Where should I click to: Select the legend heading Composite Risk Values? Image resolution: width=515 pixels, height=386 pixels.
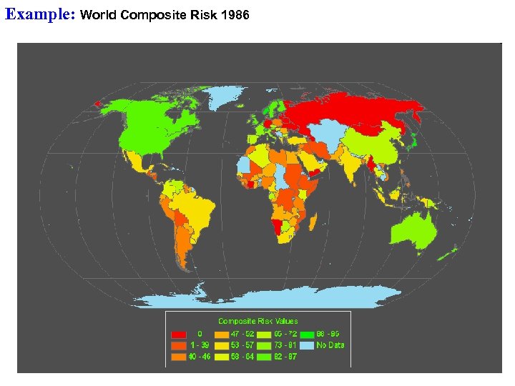258,321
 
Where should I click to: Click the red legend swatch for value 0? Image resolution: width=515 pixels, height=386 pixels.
179,333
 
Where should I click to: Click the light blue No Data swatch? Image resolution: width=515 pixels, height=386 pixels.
308,345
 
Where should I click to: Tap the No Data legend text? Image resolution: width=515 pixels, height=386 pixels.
331,345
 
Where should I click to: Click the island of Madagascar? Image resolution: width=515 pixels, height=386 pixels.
313,224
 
